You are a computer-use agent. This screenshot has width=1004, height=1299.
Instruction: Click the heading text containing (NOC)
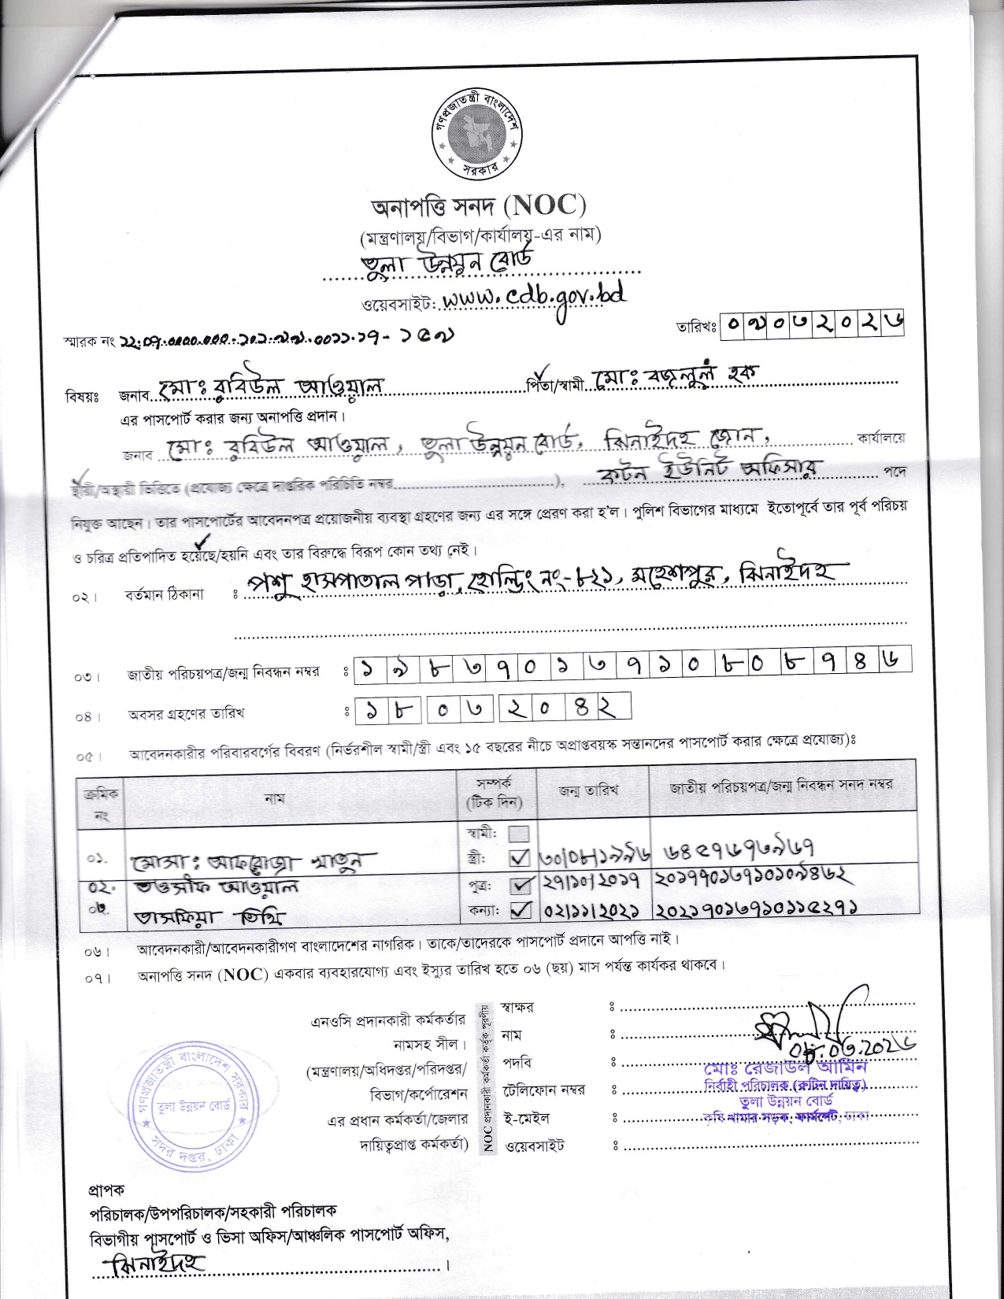(479, 206)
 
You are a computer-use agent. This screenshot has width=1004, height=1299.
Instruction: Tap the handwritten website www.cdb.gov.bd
(534, 298)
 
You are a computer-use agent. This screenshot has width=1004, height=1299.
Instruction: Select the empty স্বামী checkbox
(519, 834)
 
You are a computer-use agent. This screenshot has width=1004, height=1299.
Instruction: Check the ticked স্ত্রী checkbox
(519, 857)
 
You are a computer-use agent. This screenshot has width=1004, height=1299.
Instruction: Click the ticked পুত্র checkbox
(519, 887)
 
